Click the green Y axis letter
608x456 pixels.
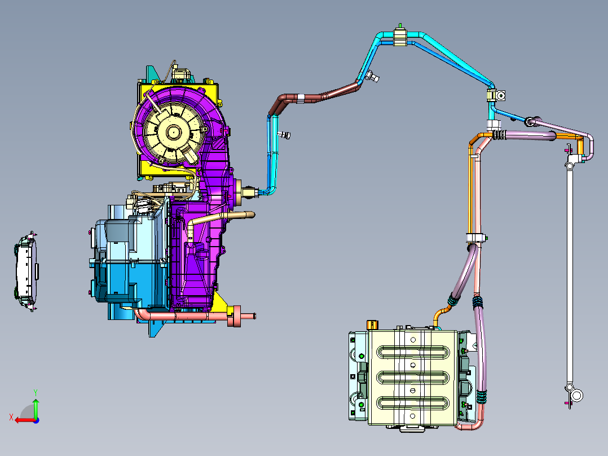tap(36, 392)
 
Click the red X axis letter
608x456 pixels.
tap(11, 418)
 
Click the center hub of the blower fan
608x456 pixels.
tap(173, 132)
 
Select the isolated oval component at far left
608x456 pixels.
tap(26, 271)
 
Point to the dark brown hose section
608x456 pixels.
tap(310, 98)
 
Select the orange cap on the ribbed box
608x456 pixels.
tap(372, 325)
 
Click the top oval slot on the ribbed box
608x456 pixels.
tap(413, 352)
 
